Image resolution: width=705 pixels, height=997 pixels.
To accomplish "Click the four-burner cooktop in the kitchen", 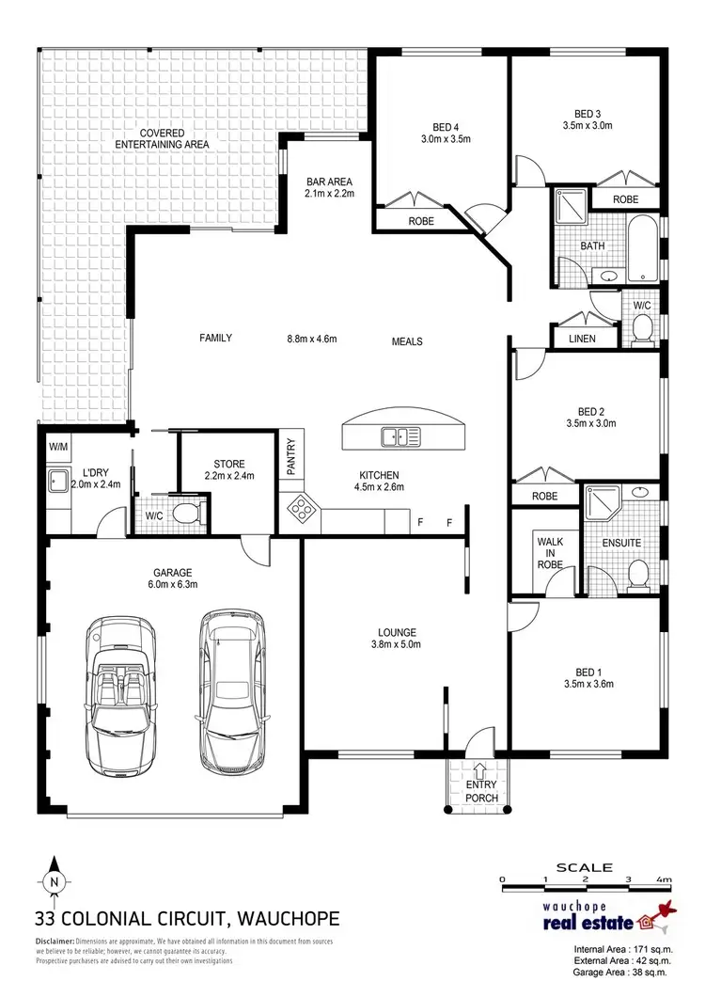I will tap(301, 507).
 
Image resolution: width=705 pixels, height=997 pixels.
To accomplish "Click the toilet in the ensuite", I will tap(639, 573).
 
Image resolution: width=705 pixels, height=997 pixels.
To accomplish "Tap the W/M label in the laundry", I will tap(57, 447).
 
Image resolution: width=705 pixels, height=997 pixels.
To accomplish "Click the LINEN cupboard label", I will tap(582, 339).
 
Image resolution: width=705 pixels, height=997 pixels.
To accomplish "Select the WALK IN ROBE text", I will tap(549, 554).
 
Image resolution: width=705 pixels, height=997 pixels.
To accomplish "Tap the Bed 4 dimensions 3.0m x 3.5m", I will tap(445, 139).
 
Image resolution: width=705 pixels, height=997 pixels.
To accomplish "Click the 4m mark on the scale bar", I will tap(665, 879).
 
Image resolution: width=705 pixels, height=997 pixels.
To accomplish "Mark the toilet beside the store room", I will tap(185, 514).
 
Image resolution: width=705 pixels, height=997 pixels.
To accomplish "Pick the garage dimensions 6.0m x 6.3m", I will tap(173, 585).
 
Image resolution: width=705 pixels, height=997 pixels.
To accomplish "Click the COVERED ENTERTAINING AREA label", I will tap(162, 138).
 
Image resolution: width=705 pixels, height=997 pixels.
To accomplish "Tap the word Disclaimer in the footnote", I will tap(61, 942).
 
